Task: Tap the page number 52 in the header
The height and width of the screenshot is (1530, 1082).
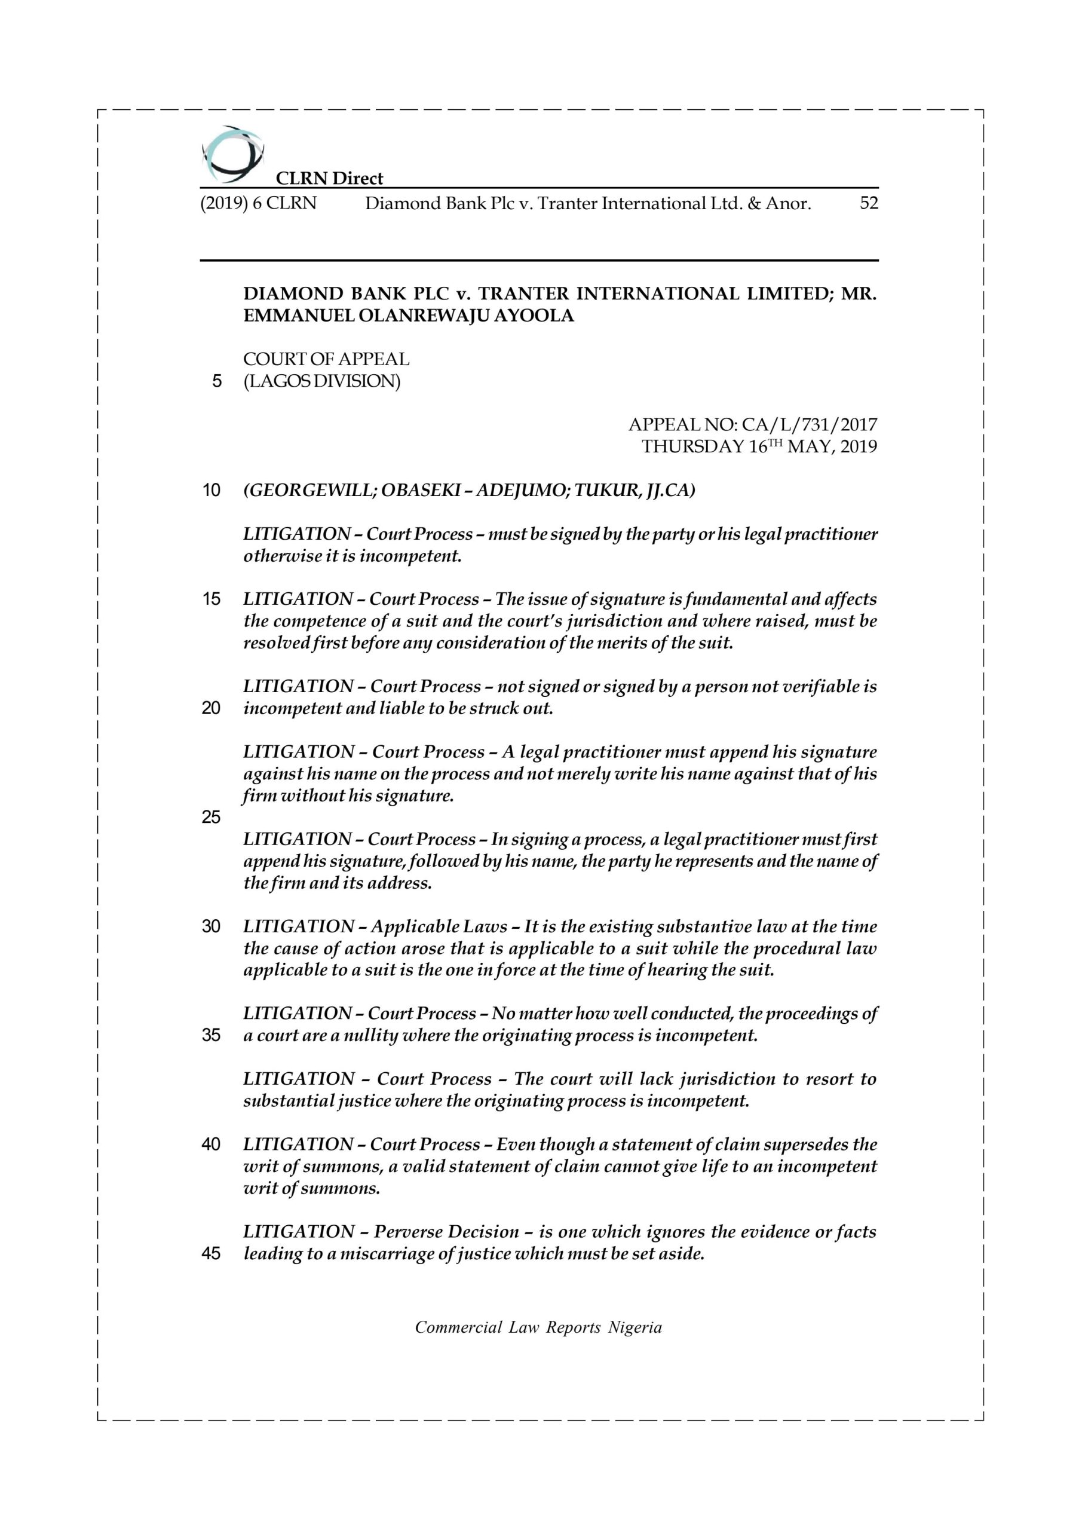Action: (869, 203)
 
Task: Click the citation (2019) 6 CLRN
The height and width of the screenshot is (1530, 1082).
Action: (259, 203)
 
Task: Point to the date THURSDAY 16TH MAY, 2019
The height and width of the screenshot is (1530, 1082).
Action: (759, 446)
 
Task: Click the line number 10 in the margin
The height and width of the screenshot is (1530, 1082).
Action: (212, 491)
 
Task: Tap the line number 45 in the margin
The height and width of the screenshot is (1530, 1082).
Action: (212, 1253)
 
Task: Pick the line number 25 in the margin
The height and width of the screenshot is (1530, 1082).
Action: (212, 817)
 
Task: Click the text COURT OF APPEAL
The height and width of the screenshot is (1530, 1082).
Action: (326, 359)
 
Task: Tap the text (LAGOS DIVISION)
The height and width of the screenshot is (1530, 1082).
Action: (322, 381)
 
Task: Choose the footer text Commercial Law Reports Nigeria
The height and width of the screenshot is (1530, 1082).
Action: (538, 1327)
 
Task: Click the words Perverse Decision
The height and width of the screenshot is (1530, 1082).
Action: (446, 1231)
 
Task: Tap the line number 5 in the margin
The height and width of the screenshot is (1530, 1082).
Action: (216, 381)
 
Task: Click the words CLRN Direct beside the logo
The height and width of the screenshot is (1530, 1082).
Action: (329, 178)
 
